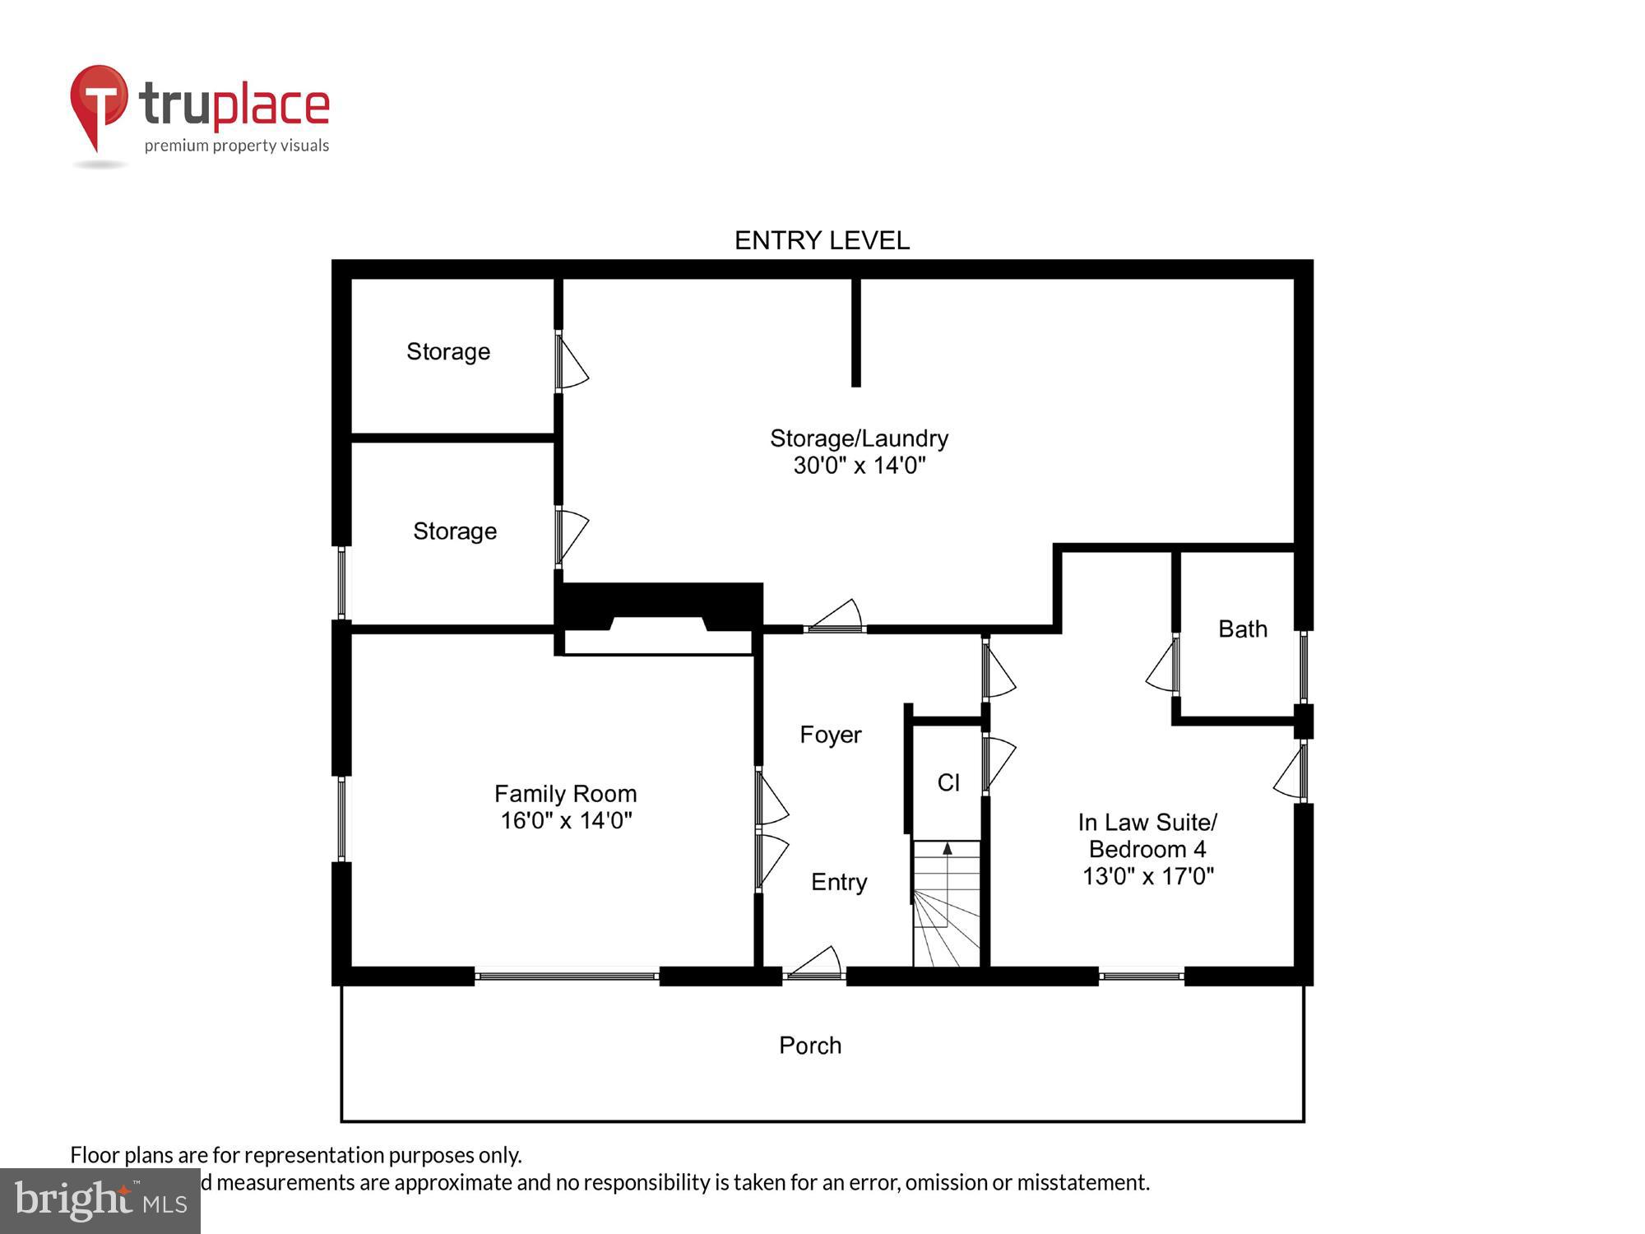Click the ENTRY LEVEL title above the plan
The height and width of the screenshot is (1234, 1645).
click(822, 240)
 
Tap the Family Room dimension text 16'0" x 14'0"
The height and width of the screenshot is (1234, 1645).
click(566, 820)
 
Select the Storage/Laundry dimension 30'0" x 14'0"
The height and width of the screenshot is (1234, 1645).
click(859, 466)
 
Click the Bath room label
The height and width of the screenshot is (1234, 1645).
click(1242, 629)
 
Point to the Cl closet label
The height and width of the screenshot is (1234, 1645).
click(948, 782)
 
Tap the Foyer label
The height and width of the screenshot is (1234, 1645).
click(830, 735)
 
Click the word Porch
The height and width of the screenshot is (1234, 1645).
click(810, 1046)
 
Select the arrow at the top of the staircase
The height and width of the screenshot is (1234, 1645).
click(948, 848)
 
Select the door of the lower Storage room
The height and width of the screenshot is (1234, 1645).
click(571, 535)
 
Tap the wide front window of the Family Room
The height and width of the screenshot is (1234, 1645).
click(567, 977)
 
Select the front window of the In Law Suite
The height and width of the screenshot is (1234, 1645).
click(1141, 977)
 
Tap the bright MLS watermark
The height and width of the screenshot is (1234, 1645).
click(100, 1201)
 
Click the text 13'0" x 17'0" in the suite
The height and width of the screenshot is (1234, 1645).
click(1147, 876)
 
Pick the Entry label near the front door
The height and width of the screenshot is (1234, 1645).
click(838, 882)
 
